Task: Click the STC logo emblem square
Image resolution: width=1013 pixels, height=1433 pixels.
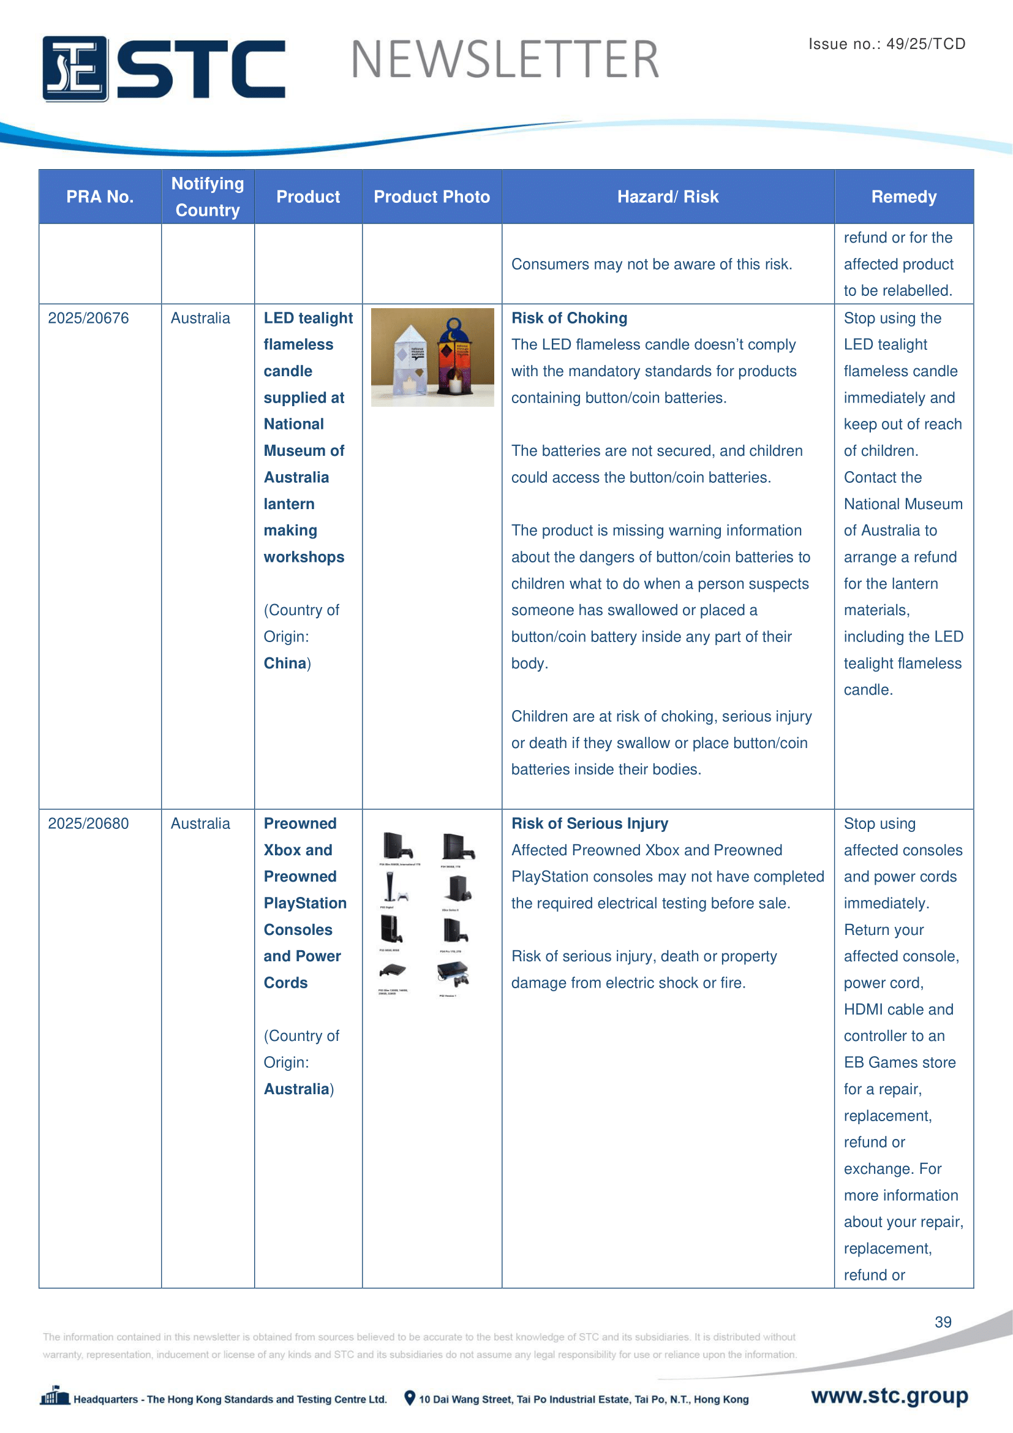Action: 75,69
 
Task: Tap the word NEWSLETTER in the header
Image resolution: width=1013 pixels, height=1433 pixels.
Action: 505,60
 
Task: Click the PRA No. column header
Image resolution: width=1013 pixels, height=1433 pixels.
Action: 100,197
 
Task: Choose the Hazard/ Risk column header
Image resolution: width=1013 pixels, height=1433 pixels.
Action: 668,197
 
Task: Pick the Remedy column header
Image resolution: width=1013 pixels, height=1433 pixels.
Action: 903,197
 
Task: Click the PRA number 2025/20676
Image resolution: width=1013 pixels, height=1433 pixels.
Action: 89,319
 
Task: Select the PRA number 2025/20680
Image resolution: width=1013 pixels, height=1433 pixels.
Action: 89,824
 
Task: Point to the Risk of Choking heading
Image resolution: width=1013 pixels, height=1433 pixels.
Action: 569,319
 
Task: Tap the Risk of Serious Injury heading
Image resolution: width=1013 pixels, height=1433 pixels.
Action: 589,824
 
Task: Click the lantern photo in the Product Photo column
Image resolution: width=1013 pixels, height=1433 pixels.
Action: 432,357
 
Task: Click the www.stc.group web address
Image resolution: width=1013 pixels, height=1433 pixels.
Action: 889,1396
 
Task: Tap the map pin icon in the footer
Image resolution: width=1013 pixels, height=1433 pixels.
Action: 409,1398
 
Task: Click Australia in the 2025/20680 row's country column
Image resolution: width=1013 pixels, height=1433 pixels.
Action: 200,824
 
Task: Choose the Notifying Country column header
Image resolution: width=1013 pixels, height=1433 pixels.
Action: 208,197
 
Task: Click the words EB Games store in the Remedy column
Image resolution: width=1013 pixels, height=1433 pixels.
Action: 899,1063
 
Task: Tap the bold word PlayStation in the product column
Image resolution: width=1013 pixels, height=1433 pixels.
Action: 305,904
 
